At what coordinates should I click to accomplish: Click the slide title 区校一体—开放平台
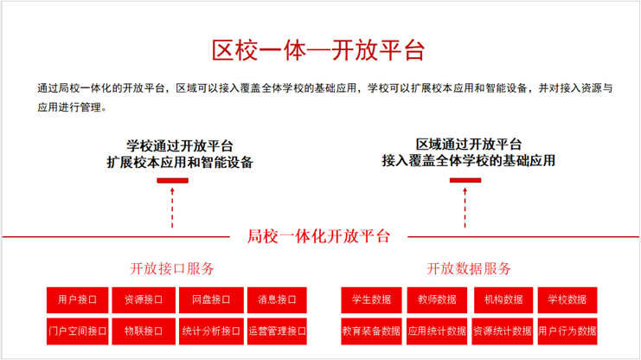tap(318, 50)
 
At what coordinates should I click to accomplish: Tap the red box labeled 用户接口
tap(77, 300)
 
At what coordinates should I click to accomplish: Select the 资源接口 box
tap(144, 300)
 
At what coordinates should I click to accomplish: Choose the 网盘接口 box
tap(211, 300)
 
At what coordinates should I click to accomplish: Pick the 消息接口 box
tap(277, 300)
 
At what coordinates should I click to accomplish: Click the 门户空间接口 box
tap(77, 331)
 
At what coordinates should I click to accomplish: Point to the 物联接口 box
tap(144, 331)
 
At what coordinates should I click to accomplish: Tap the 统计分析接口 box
tap(211, 331)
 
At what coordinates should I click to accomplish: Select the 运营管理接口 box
tap(277, 331)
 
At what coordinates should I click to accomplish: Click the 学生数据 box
tap(371, 300)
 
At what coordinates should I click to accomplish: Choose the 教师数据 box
tap(437, 300)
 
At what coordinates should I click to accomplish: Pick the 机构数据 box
tap(503, 300)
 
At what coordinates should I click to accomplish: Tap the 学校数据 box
tap(567, 300)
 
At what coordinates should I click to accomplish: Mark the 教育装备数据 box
tap(371, 331)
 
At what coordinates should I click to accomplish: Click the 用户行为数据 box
tap(567, 331)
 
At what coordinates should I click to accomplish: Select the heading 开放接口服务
tap(172, 269)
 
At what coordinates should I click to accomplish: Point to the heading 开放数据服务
tap(469, 269)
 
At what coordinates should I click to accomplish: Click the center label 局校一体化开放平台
tap(318, 236)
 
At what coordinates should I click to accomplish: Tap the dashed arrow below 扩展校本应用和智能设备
tap(172, 208)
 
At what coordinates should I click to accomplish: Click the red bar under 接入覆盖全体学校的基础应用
tap(465, 180)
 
